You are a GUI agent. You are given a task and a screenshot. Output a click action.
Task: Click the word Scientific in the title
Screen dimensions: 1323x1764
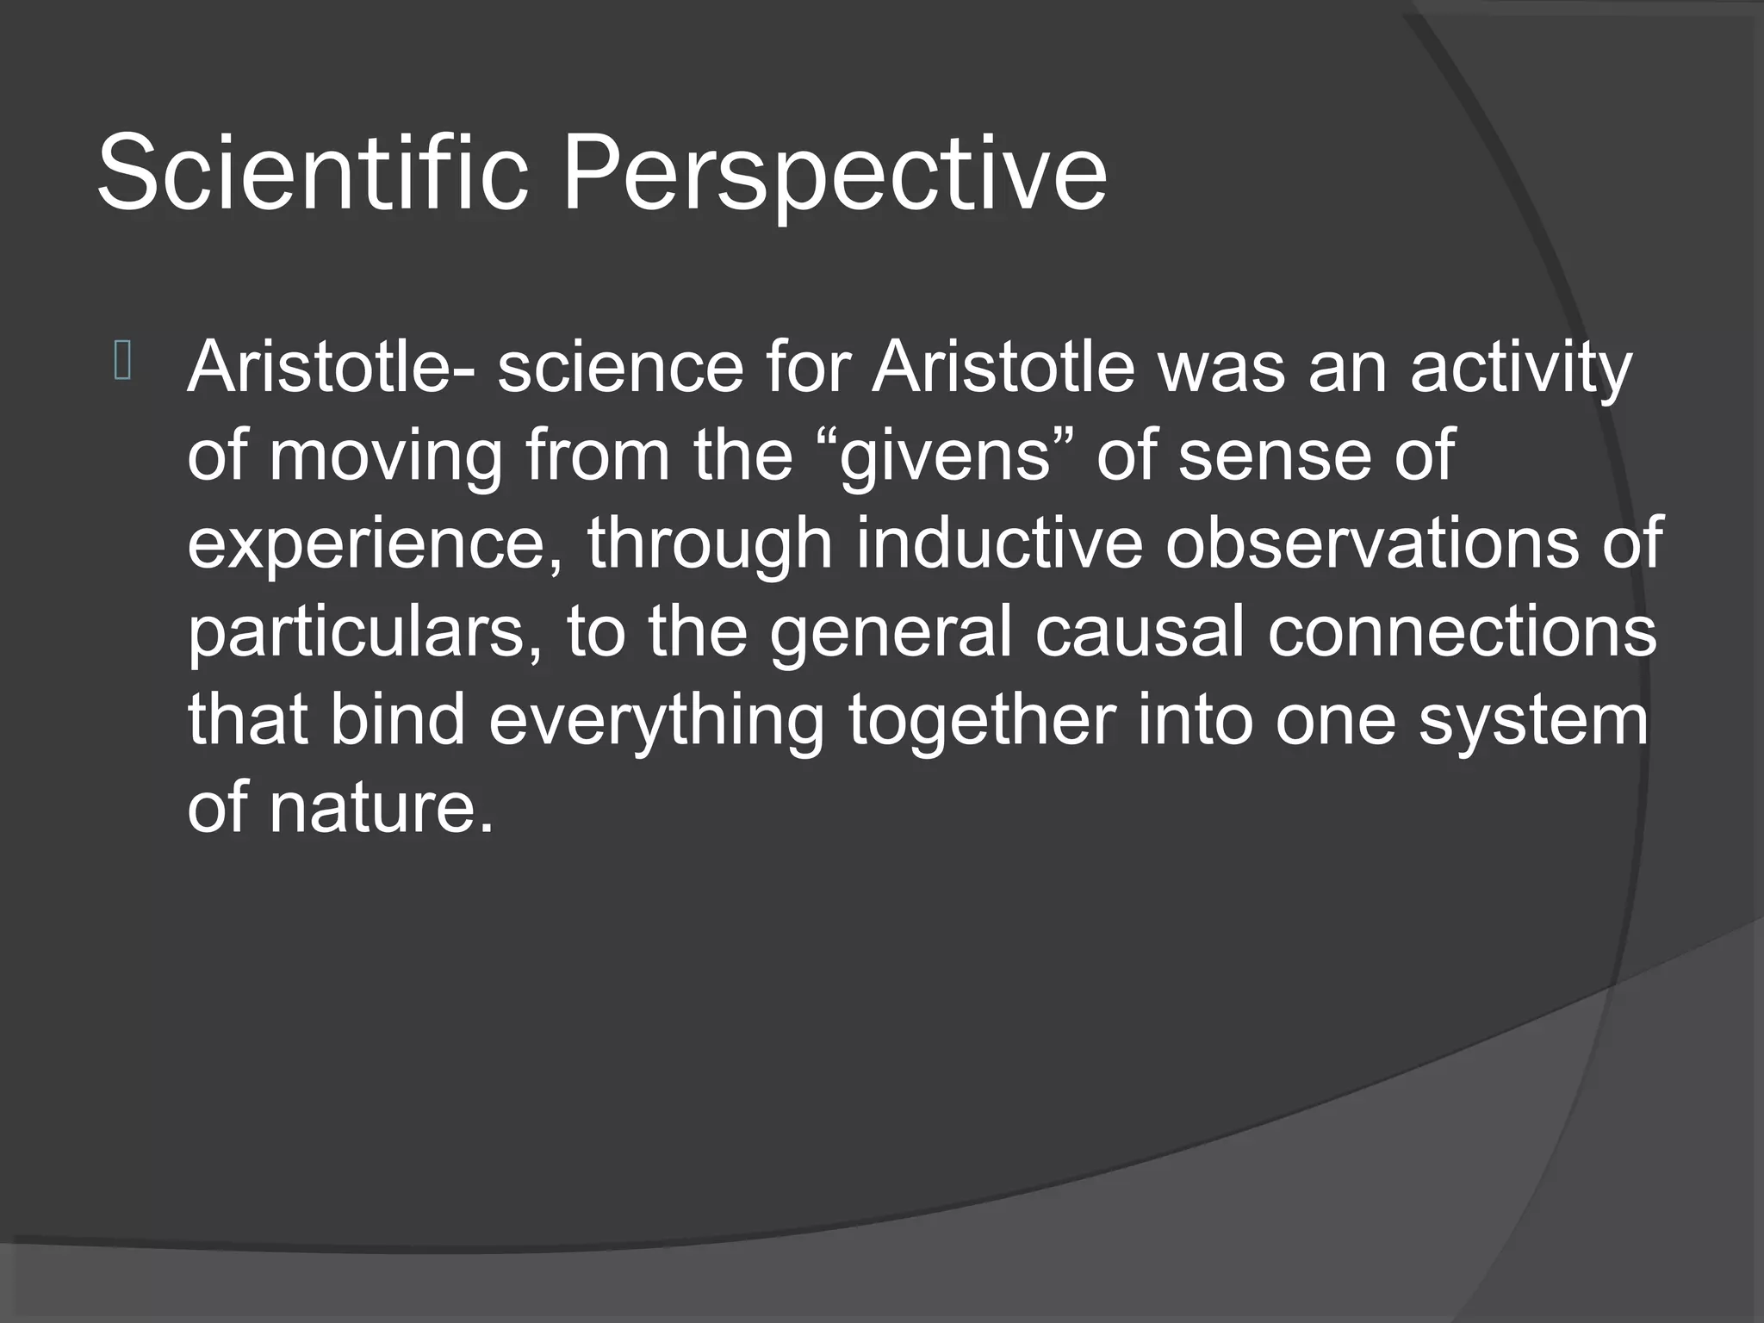coord(312,171)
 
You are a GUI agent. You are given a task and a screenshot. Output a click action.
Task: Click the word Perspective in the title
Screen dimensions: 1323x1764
coord(834,171)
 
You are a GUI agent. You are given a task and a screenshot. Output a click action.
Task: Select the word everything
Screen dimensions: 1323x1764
coord(655,721)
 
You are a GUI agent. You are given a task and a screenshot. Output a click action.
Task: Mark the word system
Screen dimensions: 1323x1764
coord(1532,721)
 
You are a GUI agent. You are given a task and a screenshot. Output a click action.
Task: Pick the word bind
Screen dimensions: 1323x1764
coord(397,721)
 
